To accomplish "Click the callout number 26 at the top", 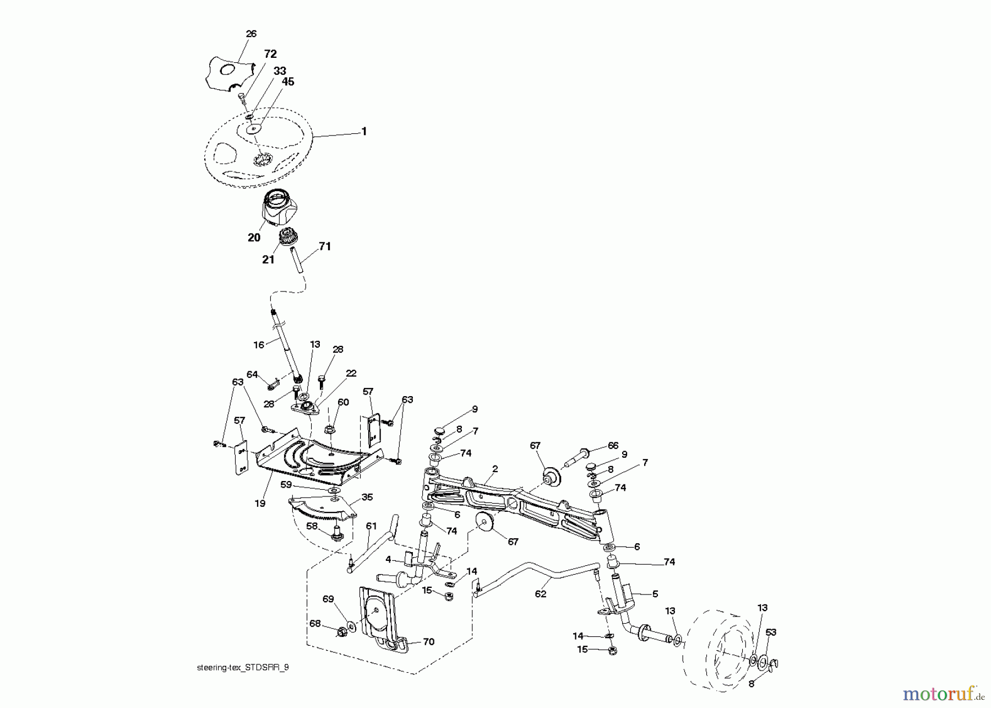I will [x=251, y=34].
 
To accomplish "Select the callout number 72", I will [x=270, y=54].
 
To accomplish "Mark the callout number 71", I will [x=325, y=246].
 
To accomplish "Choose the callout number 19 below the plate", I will [x=260, y=503].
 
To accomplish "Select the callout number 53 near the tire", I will [x=771, y=632].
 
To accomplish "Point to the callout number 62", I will [x=541, y=594].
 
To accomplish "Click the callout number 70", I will [x=428, y=641].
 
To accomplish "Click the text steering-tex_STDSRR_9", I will [x=242, y=667].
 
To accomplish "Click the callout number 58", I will [x=312, y=526].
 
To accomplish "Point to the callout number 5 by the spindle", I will [x=655, y=594].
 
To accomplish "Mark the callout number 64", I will [x=252, y=375].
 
